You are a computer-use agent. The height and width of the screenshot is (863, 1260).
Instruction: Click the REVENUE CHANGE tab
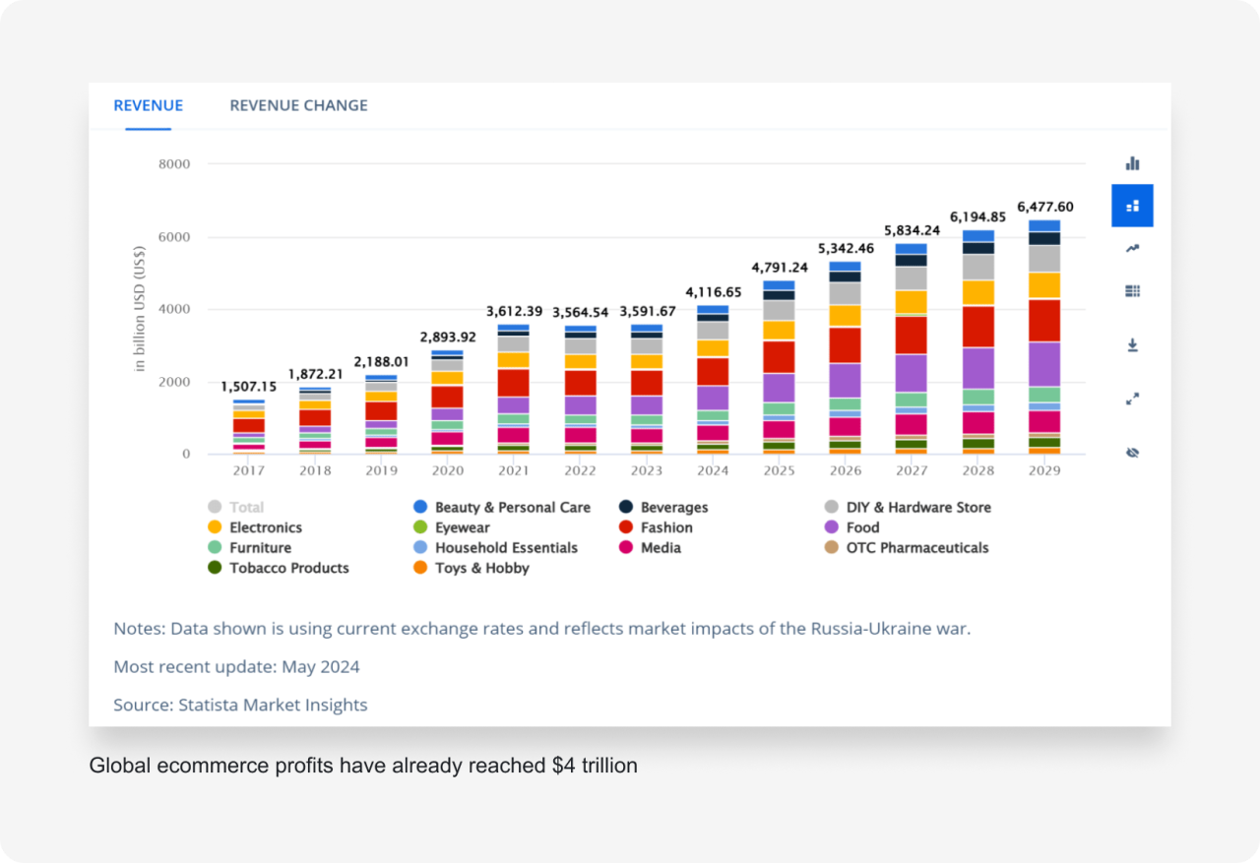point(298,105)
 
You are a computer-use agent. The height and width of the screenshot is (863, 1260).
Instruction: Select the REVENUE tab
point(148,105)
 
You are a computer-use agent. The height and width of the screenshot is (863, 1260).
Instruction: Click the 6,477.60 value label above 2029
point(1044,207)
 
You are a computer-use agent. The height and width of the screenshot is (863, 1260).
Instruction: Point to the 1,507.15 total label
point(248,387)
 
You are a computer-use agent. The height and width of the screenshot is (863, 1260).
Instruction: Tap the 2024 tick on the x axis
point(713,471)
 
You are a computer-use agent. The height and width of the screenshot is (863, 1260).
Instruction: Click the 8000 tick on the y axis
point(173,164)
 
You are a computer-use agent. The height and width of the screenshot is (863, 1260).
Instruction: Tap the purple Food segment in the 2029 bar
point(1044,363)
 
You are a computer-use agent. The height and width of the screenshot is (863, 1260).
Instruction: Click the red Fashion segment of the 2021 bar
point(513,382)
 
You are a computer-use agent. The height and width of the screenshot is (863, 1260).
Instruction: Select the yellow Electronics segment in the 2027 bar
point(911,302)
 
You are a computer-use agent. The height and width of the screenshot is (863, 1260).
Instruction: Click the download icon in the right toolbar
point(1132,345)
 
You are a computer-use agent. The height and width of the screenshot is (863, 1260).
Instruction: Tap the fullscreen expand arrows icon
point(1132,399)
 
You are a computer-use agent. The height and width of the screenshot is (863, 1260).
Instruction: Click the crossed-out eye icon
point(1132,453)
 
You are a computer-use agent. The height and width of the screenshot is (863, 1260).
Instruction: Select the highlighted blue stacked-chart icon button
point(1132,206)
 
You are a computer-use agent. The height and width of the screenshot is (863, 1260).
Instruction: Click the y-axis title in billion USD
point(140,308)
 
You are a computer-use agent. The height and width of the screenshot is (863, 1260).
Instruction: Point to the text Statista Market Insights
point(272,705)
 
